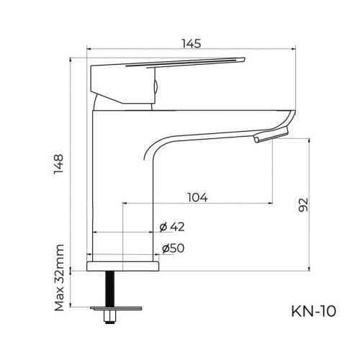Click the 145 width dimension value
pos(191,44)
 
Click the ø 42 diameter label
pos(173,226)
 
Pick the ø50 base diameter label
pos(173,248)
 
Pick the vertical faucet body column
pos(122,180)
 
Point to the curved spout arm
pos(216,126)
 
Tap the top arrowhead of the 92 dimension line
pos(310,141)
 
